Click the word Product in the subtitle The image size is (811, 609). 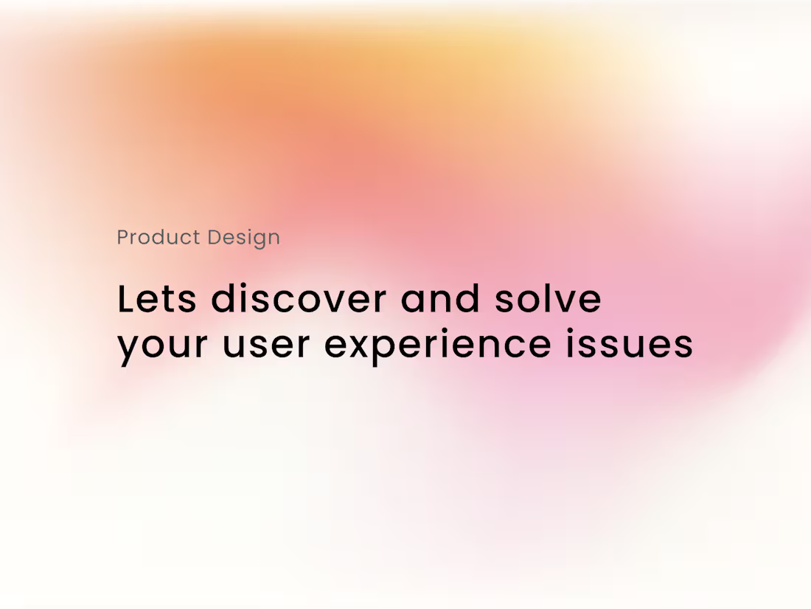point(159,238)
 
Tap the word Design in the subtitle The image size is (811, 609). point(243,238)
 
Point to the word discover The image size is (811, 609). point(299,300)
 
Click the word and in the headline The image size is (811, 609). point(440,300)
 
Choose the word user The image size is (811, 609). point(266,345)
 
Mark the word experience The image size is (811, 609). point(437,345)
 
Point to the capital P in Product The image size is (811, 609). point(123,238)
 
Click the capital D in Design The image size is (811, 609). point(215,238)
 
